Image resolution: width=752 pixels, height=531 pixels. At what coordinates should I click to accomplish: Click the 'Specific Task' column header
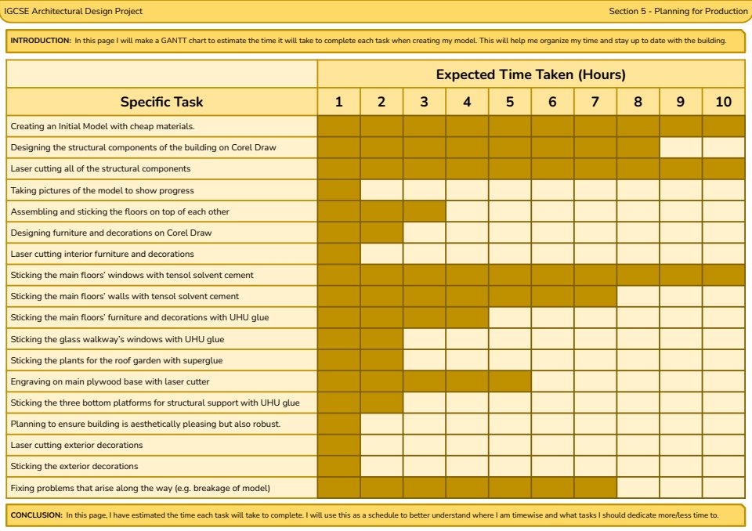coord(161,102)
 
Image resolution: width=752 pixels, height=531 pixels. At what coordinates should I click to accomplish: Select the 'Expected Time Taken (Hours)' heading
coord(530,75)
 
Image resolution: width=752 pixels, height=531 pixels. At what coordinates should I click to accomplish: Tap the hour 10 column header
coord(723,102)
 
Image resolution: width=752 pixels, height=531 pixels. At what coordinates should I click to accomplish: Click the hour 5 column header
coord(510,102)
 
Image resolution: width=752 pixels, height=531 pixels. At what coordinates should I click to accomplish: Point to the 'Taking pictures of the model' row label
coord(102,190)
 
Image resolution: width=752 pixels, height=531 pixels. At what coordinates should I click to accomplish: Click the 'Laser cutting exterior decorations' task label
coord(77,445)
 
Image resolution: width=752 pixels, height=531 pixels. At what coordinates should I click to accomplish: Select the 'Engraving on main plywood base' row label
coord(110,381)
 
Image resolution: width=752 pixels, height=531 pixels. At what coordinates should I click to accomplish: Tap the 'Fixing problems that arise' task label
coord(140,487)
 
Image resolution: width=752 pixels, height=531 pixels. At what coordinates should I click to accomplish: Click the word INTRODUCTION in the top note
coord(40,40)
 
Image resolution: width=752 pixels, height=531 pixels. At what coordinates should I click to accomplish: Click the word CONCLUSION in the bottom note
coord(36,515)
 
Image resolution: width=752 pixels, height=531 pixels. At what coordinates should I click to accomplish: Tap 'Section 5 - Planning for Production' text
coord(678,11)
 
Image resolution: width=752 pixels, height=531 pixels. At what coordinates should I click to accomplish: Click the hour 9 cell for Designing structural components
coord(680,147)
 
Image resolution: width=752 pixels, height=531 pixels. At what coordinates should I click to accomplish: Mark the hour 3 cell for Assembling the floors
coord(425,211)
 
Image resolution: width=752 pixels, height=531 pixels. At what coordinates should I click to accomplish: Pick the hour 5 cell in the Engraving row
coord(510,381)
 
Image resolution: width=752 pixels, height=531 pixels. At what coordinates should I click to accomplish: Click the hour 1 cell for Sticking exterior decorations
coord(339,466)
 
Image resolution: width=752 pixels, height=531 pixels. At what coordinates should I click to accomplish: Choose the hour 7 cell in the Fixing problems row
coord(595,487)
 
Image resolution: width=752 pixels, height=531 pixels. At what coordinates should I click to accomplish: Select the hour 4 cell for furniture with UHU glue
coord(467,317)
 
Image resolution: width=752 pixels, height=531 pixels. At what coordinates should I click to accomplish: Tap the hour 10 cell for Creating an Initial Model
coord(723,126)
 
